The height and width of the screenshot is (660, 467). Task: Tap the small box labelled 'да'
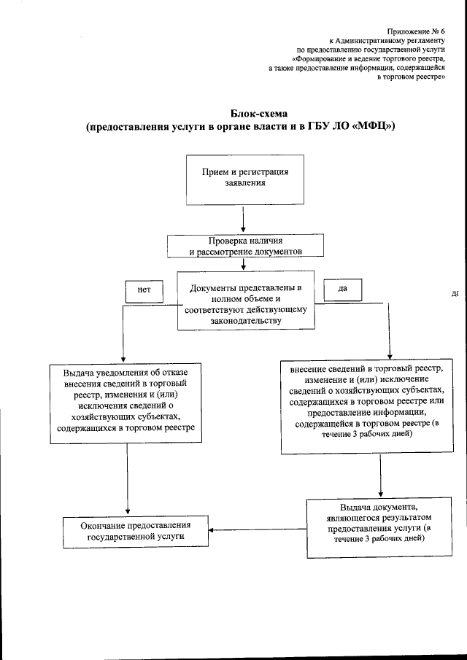tap(342, 290)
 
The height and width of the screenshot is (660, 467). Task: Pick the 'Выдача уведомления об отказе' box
tap(126, 402)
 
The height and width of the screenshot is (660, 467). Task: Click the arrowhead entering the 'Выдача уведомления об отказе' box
tap(123, 360)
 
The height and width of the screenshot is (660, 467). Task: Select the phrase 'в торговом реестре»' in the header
tap(410, 76)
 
